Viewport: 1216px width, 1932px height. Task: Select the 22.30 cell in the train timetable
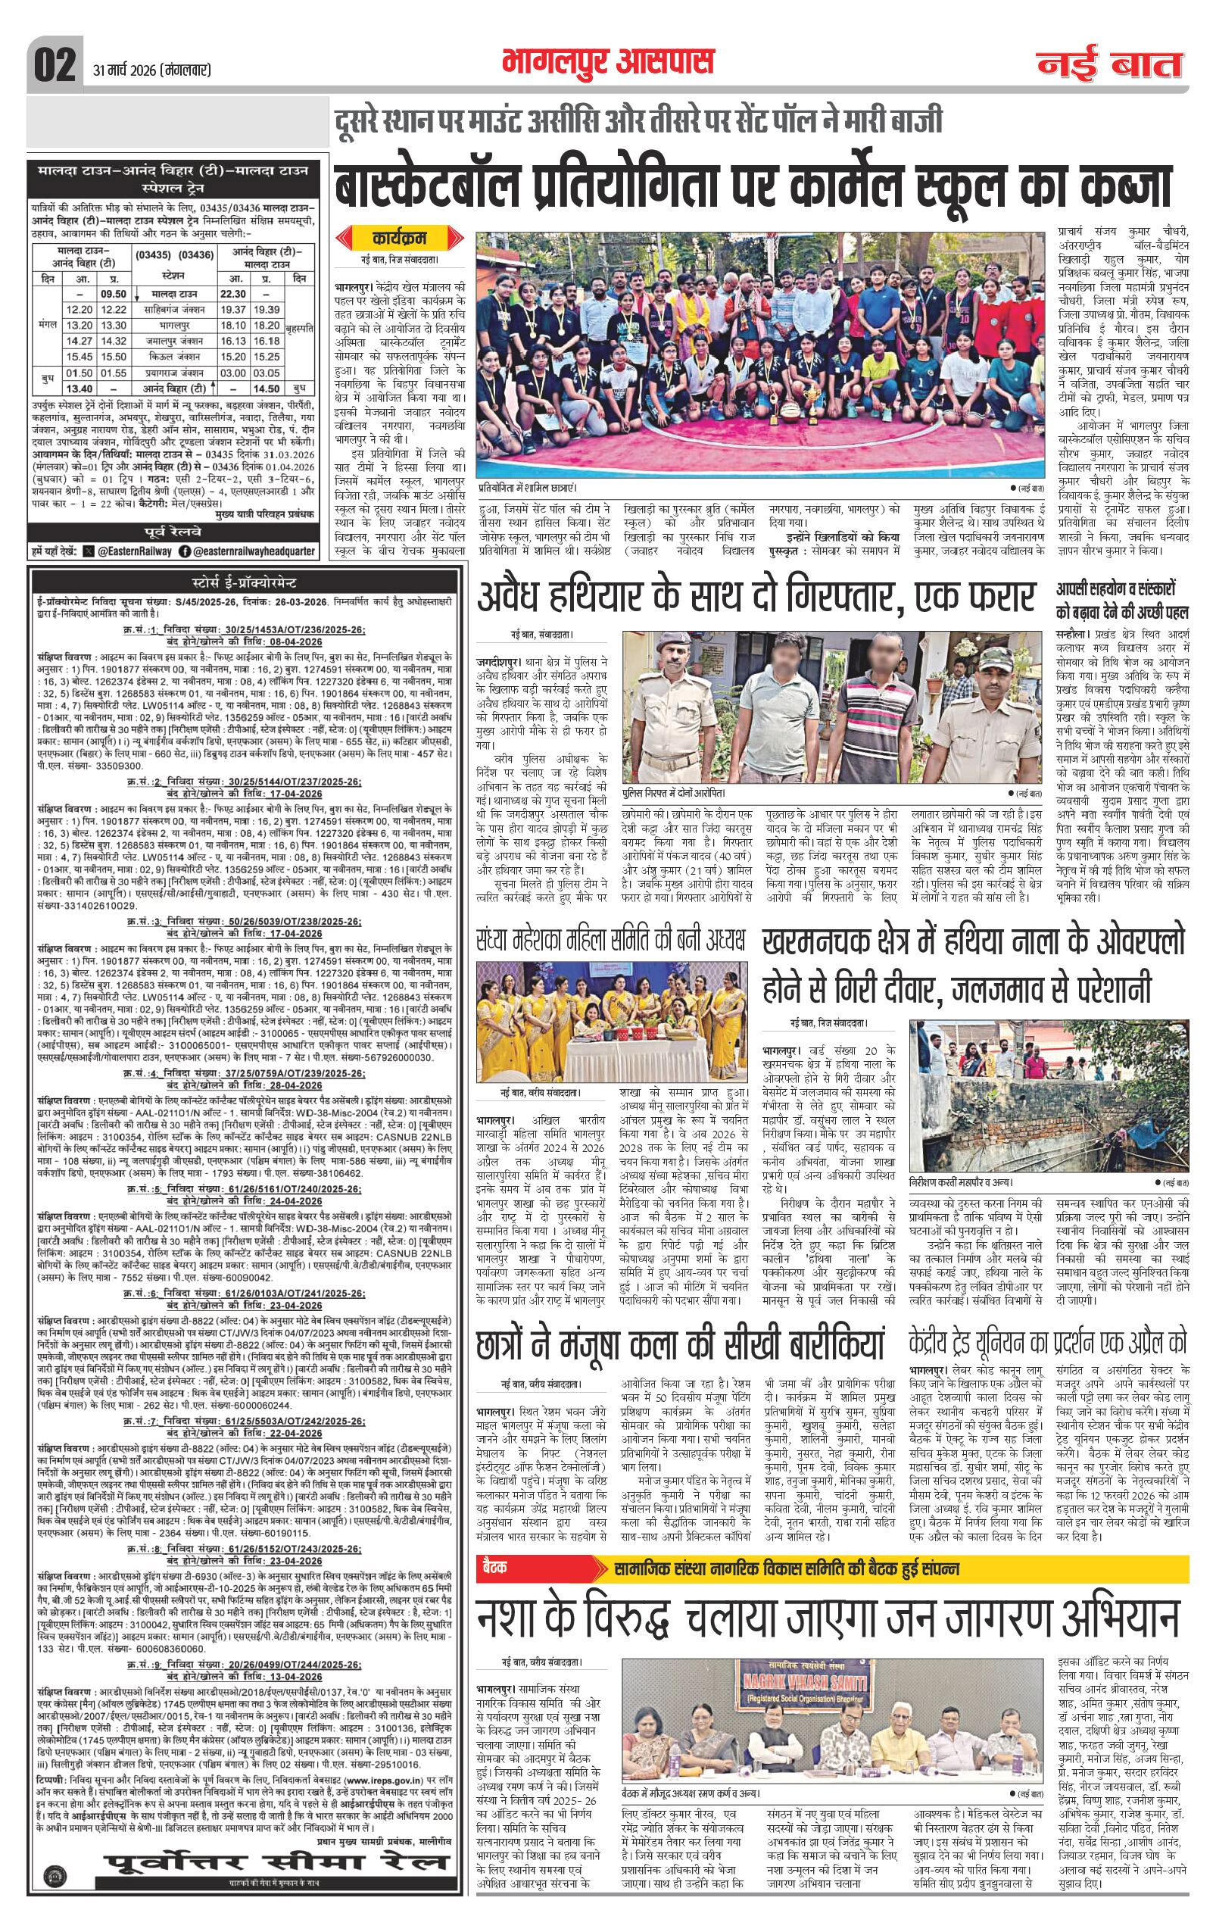232,294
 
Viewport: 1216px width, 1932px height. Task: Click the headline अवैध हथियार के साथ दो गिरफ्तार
755,597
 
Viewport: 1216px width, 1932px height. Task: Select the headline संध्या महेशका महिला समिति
610,938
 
